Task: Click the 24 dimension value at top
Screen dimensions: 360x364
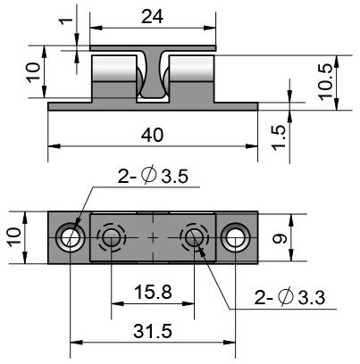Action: tap(152, 17)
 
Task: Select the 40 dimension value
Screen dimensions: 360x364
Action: tap(152, 135)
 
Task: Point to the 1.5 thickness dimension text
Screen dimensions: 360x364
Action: tap(279, 138)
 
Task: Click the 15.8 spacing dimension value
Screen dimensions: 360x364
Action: tap(153, 292)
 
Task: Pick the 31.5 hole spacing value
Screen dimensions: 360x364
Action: tap(153, 331)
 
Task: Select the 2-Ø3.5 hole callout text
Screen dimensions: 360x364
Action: tap(153, 176)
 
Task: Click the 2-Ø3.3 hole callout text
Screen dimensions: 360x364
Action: tap(289, 297)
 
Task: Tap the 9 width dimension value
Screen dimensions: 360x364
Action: tap(280, 238)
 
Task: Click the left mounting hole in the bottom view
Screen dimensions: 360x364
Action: tap(71, 238)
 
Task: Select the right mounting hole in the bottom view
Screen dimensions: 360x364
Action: tap(235, 238)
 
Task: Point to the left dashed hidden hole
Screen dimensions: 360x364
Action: tap(112, 237)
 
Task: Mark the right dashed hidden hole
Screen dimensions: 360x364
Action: tap(194, 237)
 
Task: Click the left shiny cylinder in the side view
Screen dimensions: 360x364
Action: tap(113, 69)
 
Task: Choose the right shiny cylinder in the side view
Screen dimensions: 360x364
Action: tap(191, 69)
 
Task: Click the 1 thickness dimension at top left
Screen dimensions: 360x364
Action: tap(66, 21)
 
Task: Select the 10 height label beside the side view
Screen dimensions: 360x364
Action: tap(33, 72)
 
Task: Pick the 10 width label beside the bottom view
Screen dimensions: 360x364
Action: tap(14, 237)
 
